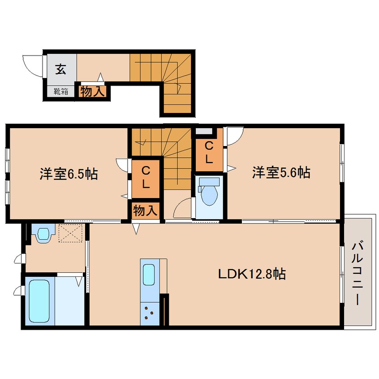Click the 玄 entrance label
pos(60,69)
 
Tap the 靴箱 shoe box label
pos(61,91)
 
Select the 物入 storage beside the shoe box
pos(93,91)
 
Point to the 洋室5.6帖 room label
pos(281,172)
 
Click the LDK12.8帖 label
pos(252,274)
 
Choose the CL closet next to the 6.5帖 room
pos(146,179)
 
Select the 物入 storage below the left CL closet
pos(146,210)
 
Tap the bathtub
pos(39,301)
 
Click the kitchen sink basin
pos(149,275)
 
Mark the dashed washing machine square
pos(71,233)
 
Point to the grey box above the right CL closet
pos(204,132)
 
